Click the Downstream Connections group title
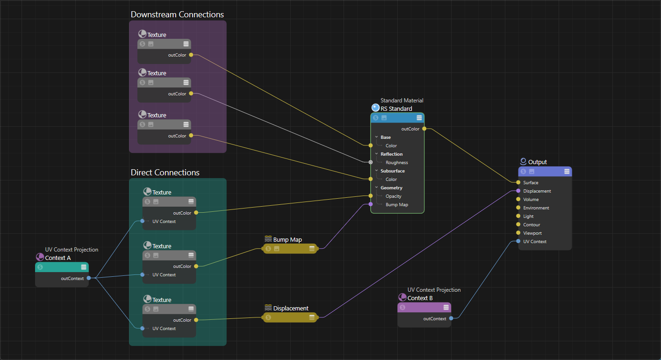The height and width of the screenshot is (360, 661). [x=177, y=14]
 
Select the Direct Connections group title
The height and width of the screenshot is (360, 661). [x=165, y=173]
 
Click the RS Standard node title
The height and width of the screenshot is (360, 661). [x=396, y=109]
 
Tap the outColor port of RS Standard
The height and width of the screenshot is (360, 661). [x=424, y=129]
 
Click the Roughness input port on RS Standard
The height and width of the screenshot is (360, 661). [x=371, y=162]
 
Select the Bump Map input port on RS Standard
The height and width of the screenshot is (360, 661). [x=371, y=204]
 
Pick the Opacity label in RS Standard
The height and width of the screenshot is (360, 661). [x=394, y=196]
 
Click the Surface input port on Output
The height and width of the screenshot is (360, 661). [x=518, y=182]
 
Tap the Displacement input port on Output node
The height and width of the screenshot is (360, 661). [x=518, y=191]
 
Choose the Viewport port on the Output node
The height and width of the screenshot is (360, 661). [x=518, y=233]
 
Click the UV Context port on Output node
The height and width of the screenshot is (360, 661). [x=518, y=241]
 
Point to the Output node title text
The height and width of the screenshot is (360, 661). [x=538, y=162]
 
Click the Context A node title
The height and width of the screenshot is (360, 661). [x=58, y=258]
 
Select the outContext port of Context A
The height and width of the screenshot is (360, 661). [x=89, y=278]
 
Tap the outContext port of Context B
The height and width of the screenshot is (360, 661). [x=451, y=318]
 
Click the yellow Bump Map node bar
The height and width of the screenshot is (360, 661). [x=290, y=249]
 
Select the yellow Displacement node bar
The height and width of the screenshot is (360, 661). [x=290, y=317]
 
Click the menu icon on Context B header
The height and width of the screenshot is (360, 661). [x=446, y=307]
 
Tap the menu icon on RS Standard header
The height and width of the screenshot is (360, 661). [x=419, y=118]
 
